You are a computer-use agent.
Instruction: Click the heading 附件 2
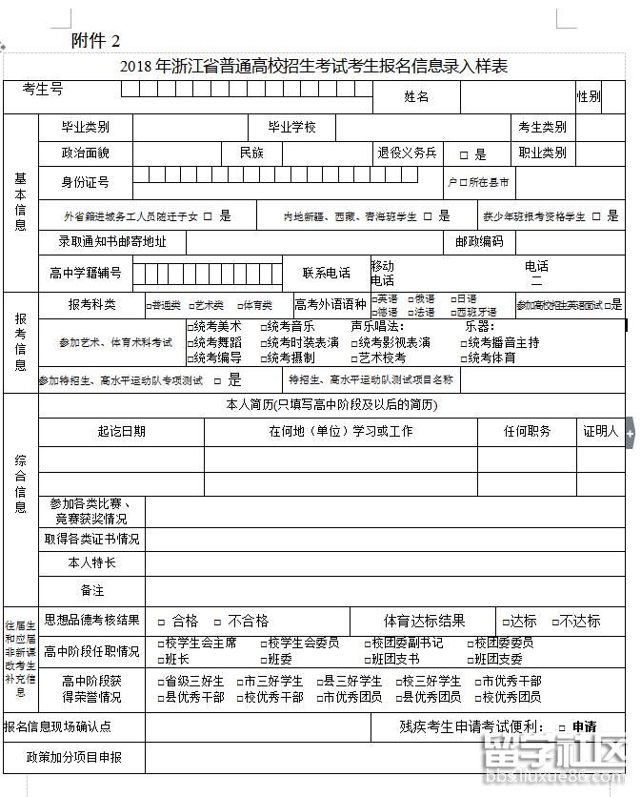tap(96, 40)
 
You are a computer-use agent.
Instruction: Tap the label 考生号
tap(43, 89)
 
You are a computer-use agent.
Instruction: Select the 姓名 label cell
tap(416, 96)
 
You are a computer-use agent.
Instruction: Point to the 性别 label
tap(588, 96)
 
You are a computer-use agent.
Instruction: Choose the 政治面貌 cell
tap(86, 153)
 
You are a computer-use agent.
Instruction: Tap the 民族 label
tap(251, 153)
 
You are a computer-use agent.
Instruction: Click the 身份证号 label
tap(86, 181)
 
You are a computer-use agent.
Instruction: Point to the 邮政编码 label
tap(479, 242)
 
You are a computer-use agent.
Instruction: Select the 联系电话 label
tap(327, 273)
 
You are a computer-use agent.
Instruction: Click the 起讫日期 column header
tap(121, 431)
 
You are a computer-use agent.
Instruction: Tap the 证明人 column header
tap(601, 431)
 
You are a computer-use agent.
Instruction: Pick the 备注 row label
tap(92, 591)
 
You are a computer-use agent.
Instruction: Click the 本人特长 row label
tap(92, 563)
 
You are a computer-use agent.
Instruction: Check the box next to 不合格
tap(218, 621)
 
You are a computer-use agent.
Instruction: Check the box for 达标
tap(505, 621)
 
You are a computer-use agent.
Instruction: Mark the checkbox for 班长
tap(160, 659)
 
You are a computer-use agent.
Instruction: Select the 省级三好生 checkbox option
tap(160, 682)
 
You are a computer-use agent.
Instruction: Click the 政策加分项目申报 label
tap(74, 757)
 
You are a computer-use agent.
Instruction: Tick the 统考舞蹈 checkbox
tap(189, 343)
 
